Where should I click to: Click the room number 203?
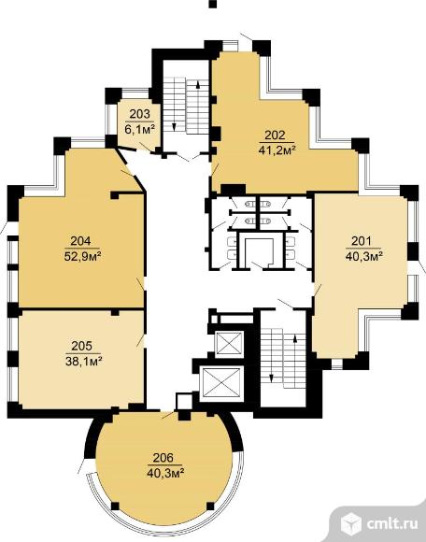(x=140, y=113)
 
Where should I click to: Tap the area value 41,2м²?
(x=277, y=150)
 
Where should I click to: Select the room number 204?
(x=81, y=240)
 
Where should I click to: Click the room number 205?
(x=82, y=346)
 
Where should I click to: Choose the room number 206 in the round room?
(x=163, y=458)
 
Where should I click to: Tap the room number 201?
(x=362, y=240)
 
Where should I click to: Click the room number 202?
(x=275, y=135)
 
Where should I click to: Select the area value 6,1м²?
(x=139, y=129)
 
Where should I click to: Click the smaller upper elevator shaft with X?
(x=228, y=344)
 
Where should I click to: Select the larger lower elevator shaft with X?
(x=221, y=382)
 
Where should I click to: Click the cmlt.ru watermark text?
(x=392, y=523)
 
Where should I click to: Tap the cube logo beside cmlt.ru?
(x=351, y=524)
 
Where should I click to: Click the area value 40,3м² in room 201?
(x=363, y=256)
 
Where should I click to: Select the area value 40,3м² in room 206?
(x=165, y=474)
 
